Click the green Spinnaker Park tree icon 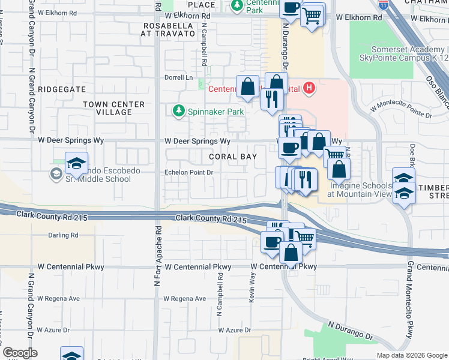178,111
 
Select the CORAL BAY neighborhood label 233,157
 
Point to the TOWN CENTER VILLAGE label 113,108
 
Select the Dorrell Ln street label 178,77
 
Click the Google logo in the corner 20,353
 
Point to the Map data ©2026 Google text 411,355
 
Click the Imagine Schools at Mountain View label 360,190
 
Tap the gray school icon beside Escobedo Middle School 56,174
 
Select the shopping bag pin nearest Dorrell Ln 247,87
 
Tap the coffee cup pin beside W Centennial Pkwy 272,241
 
